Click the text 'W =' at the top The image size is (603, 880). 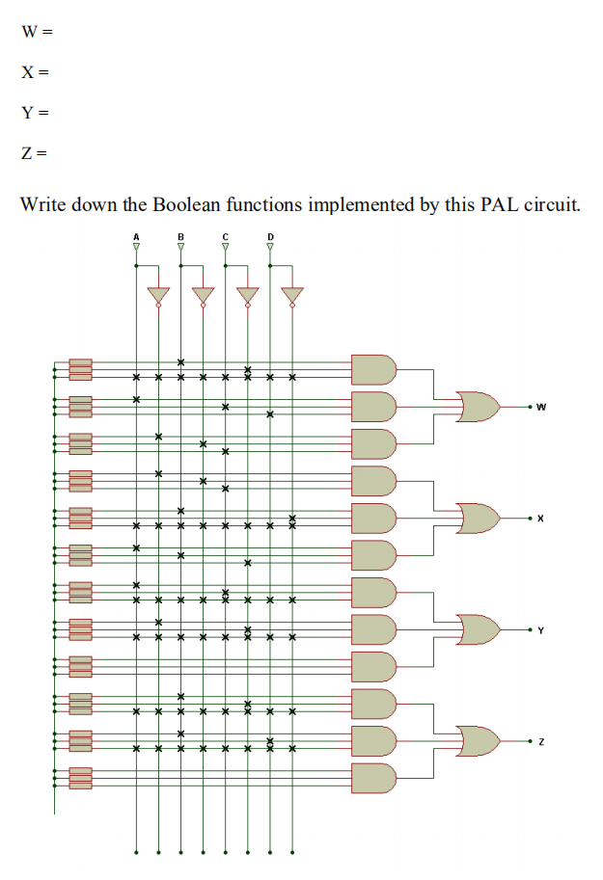(36, 31)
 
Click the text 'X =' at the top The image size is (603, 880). (35, 72)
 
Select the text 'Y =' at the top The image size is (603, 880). (35, 113)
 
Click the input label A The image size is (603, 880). (136, 236)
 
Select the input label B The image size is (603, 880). (180, 236)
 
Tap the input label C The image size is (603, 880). (225, 236)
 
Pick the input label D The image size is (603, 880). (270, 236)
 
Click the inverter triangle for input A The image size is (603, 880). (158, 295)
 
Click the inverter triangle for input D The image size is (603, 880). (292, 295)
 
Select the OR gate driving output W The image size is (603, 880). (480, 407)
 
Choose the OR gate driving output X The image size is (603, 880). (480, 519)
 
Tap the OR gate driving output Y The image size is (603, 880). (480, 630)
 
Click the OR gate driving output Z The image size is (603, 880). (480, 741)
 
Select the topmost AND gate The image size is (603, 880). (374, 369)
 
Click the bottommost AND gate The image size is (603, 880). (374, 778)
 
